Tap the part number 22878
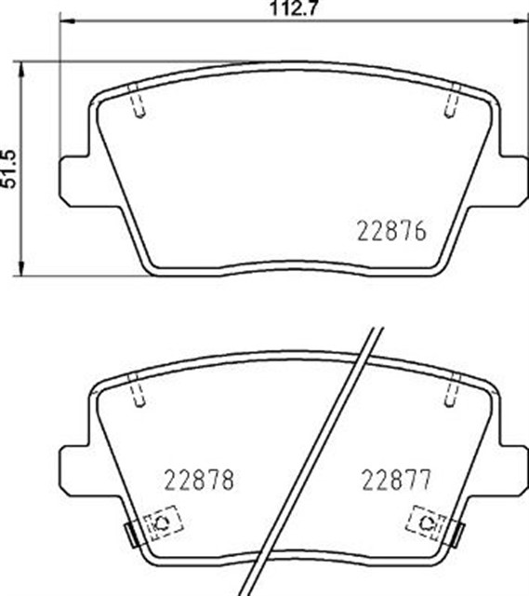[198, 481]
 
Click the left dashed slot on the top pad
[138, 102]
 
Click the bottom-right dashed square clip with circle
[428, 521]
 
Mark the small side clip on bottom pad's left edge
[131, 534]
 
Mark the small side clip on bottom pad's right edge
[458, 534]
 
